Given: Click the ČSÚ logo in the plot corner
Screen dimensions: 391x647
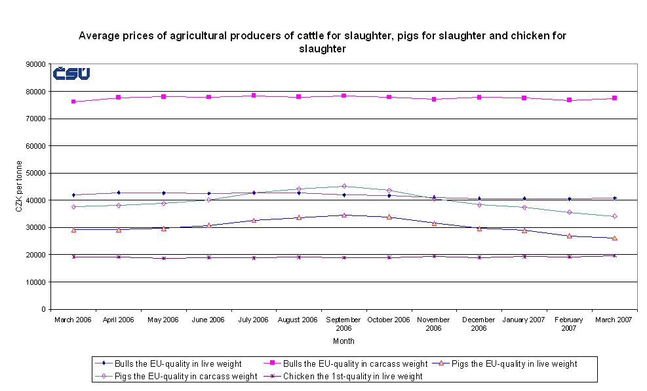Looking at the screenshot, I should [x=71, y=73].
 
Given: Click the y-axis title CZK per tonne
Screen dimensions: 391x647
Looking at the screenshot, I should [x=19, y=187].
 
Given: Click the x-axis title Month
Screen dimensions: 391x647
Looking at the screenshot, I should [x=343, y=341].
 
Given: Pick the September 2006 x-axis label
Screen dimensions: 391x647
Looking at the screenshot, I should [x=343, y=324].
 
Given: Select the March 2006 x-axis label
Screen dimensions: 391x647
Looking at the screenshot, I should [x=73, y=320].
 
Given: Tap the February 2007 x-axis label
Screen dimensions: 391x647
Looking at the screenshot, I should [x=569, y=324].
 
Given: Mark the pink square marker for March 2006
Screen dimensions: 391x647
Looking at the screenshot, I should [x=73, y=102].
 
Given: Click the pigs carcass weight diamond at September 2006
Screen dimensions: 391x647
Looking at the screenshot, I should [x=344, y=186].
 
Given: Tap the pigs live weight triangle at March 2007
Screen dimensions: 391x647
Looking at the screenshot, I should [x=614, y=238].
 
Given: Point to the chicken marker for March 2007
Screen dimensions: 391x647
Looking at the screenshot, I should [x=614, y=255].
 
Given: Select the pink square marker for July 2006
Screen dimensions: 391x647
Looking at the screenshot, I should [x=254, y=95].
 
